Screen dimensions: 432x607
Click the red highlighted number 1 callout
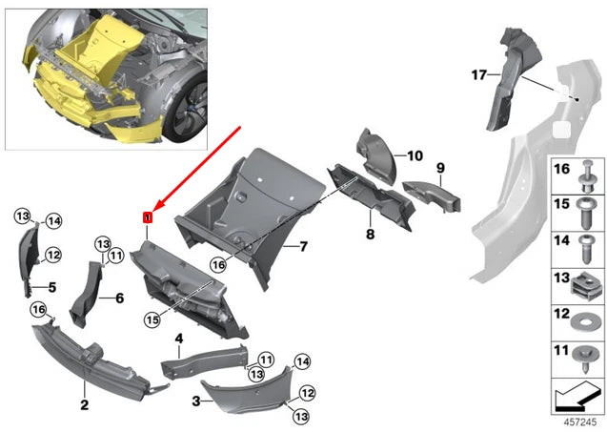(x=147, y=218)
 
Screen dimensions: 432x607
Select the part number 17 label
(x=479, y=72)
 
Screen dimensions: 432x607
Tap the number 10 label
(x=415, y=154)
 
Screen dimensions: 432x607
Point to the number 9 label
(x=440, y=168)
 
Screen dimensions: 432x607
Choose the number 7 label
(x=302, y=247)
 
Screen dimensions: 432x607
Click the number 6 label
(x=119, y=298)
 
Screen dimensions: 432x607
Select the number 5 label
(x=52, y=286)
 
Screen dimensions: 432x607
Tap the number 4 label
(x=178, y=339)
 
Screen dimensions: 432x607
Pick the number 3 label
(x=195, y=402)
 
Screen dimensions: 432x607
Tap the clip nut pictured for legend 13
(x=582, y=280)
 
